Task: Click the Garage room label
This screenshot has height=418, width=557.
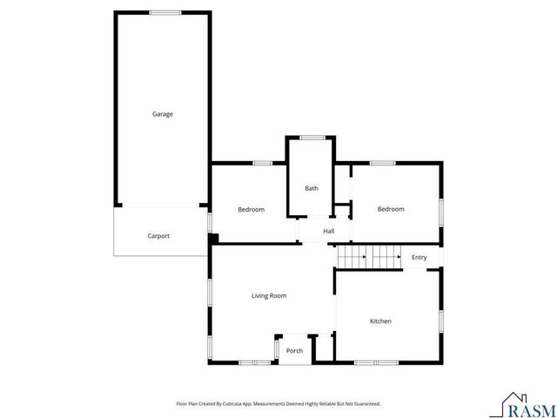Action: pos(163,114)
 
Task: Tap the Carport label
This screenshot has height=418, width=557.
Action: pos(158,236)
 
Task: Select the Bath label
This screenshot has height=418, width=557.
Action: pos(311,188)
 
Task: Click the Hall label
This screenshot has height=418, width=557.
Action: pos(329,231)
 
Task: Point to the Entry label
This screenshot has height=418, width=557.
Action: pos(419,257)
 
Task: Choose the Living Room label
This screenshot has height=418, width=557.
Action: pos(269,296)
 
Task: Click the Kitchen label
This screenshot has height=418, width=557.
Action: pos(380,321)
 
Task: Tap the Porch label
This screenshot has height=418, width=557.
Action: pos(295,351)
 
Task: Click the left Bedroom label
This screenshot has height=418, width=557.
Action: pos(252,209)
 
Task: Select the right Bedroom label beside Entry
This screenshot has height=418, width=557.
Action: pos(391,209)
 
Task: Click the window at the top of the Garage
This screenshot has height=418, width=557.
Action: pos(164,12)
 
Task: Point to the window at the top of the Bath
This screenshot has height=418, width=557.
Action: pos(312,137)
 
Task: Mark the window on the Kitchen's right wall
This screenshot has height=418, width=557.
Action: pos(441,320)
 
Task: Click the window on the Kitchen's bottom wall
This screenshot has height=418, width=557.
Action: pos(376,361)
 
